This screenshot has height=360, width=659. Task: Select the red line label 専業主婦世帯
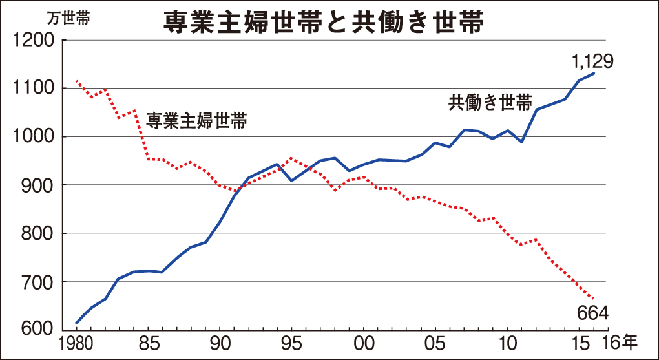coord(196,121)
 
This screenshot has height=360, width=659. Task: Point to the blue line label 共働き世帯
coord(490,103)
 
